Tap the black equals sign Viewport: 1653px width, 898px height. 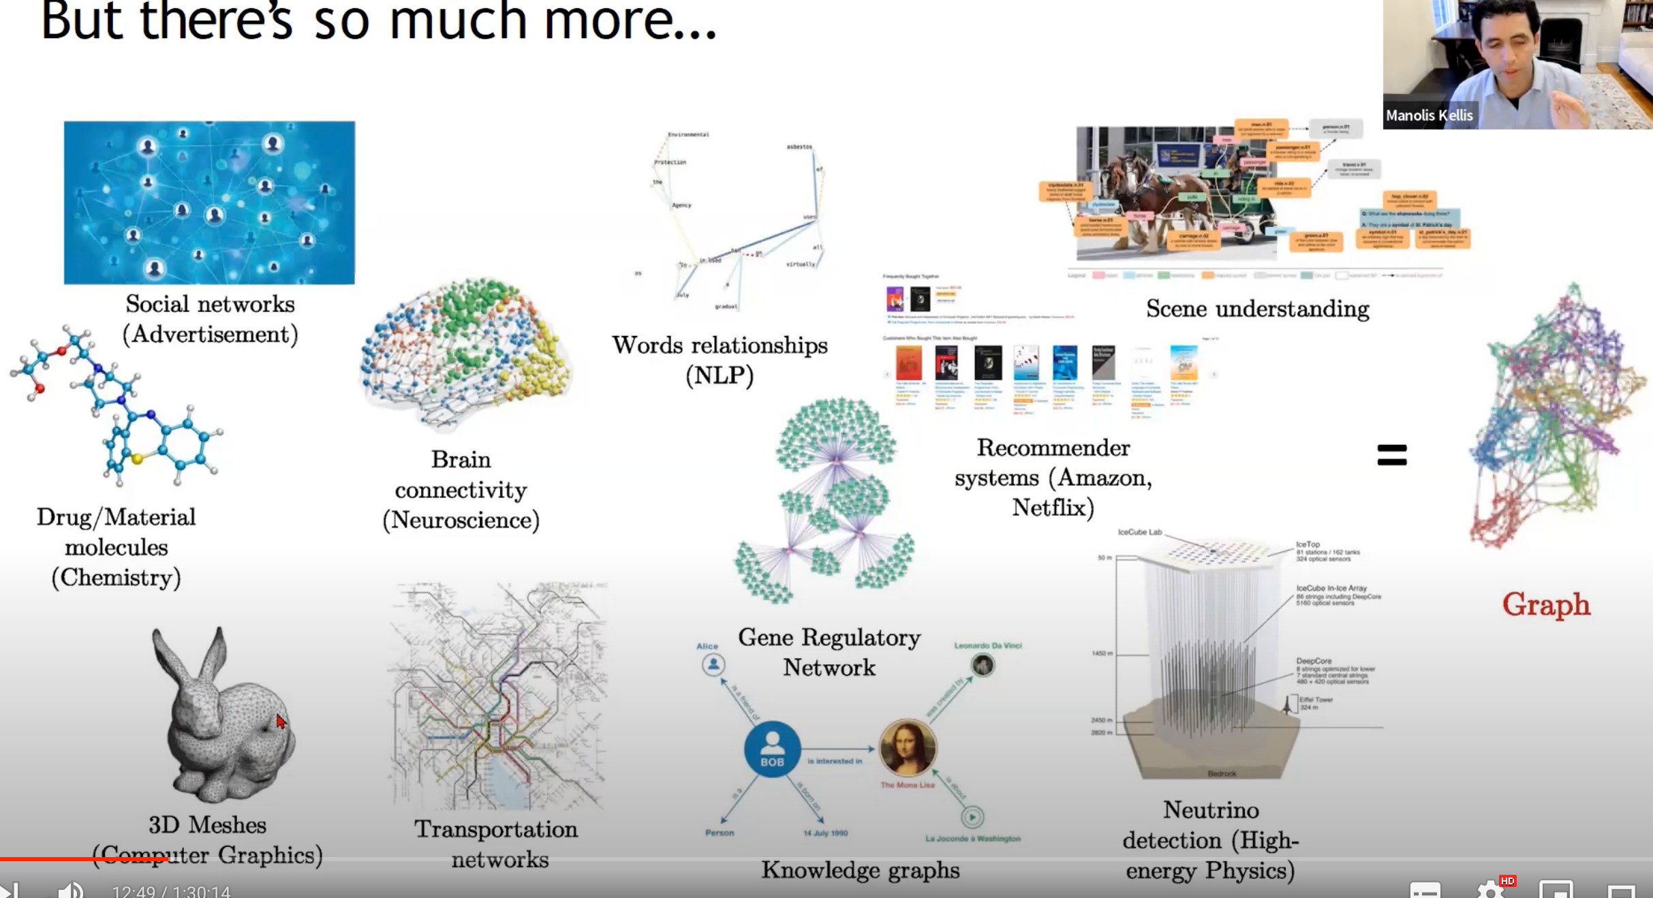click(1391, 454)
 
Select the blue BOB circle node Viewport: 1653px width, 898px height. click(772, 749)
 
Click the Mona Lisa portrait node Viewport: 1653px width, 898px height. click(908, 747)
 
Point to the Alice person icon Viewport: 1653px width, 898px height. click(713, 664)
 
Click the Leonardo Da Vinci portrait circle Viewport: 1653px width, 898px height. click(983, 664)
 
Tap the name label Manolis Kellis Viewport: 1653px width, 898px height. click(1429, 116)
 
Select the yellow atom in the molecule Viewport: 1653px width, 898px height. click(137, 459)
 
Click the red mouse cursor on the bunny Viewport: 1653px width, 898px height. click(281, 722)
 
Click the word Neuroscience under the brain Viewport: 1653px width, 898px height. click(461, 521)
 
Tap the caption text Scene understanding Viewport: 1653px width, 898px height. click(1257, 309)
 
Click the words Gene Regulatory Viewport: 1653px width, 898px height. click(829, 638)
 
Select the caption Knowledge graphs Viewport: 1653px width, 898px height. click(860, 870)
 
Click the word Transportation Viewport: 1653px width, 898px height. click(496, 829)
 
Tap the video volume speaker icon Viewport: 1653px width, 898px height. click(70, 890)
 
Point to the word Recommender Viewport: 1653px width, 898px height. click(1053, 448)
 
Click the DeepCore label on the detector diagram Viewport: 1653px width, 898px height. click(1314, 661)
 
